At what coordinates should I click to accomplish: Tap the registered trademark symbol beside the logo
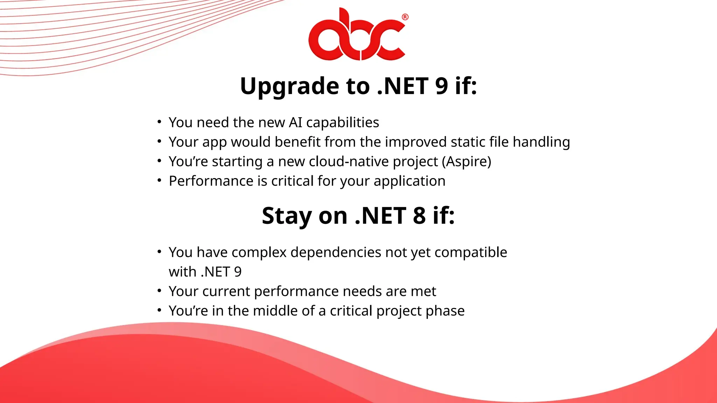[405, 17]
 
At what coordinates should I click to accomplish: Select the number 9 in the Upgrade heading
[441, 86]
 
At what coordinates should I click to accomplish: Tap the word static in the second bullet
[468, 142]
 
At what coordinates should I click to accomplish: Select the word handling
[541, 142]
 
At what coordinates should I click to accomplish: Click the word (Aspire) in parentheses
[466, 162]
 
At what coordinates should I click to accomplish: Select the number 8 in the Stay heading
[419, 215]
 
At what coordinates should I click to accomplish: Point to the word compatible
[471, 252]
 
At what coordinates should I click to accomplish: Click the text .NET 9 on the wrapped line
[221, 272]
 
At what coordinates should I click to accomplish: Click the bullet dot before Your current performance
[159, 290]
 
